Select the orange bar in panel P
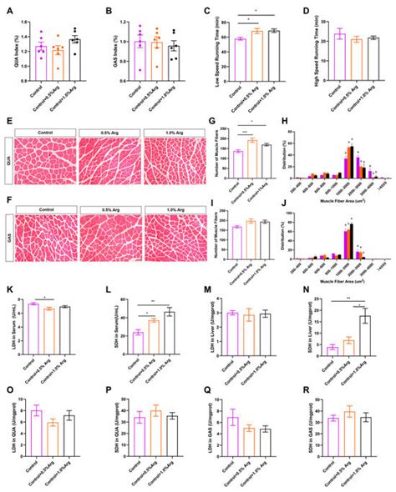[x=155, y=429]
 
